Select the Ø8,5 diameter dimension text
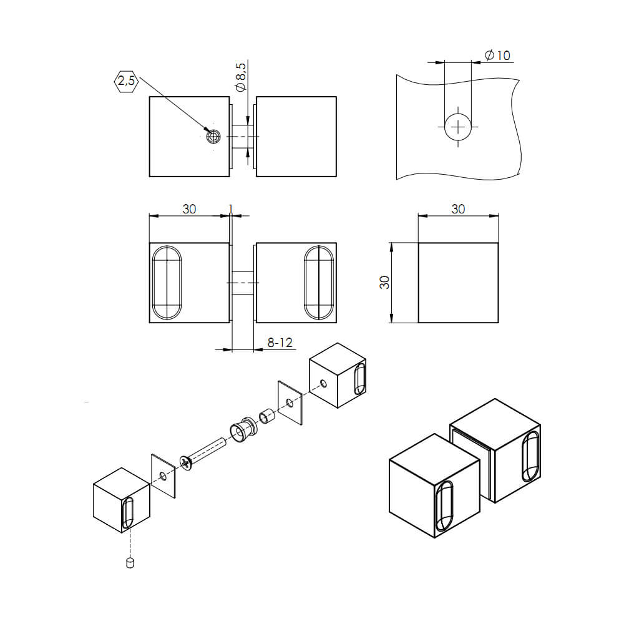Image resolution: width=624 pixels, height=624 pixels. coord(241,78)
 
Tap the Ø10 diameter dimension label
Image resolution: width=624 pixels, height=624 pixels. coord(497,56)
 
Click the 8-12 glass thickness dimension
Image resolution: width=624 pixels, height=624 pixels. coord(280,343)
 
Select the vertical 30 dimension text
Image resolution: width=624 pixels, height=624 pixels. coord(385,282)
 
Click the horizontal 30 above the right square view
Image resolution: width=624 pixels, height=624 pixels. coord(458,209)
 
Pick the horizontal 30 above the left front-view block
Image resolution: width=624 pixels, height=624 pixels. coord(189,209)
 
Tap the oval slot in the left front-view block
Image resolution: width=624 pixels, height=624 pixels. coord(167,283)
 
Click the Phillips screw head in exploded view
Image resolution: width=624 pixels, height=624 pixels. coord(187,462)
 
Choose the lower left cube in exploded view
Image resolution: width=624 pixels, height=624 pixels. coord(122,500)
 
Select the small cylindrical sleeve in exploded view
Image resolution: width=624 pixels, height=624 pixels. coord(267,415)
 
